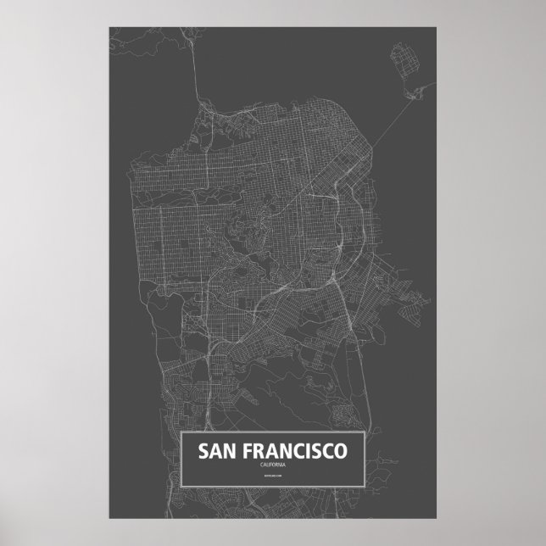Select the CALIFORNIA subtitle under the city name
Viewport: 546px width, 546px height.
273,465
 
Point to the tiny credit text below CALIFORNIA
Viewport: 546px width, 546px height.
273,480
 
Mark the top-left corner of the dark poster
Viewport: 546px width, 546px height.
110,27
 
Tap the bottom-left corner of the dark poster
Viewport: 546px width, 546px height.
110,516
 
